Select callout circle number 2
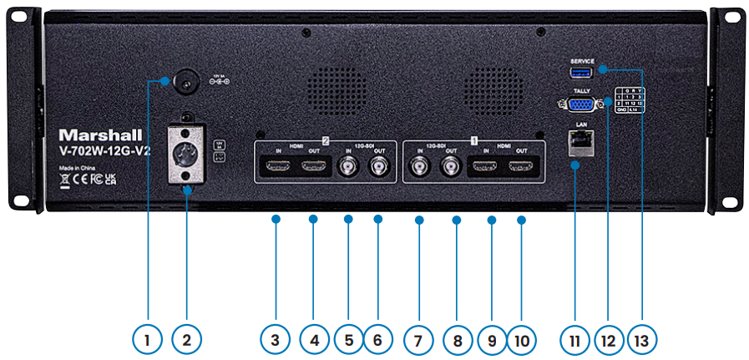tap(187, 340)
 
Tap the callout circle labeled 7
tap(419, 340)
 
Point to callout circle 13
tap(642, 340)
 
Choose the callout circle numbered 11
tap(576, 340)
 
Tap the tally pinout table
tap(630, 99)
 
